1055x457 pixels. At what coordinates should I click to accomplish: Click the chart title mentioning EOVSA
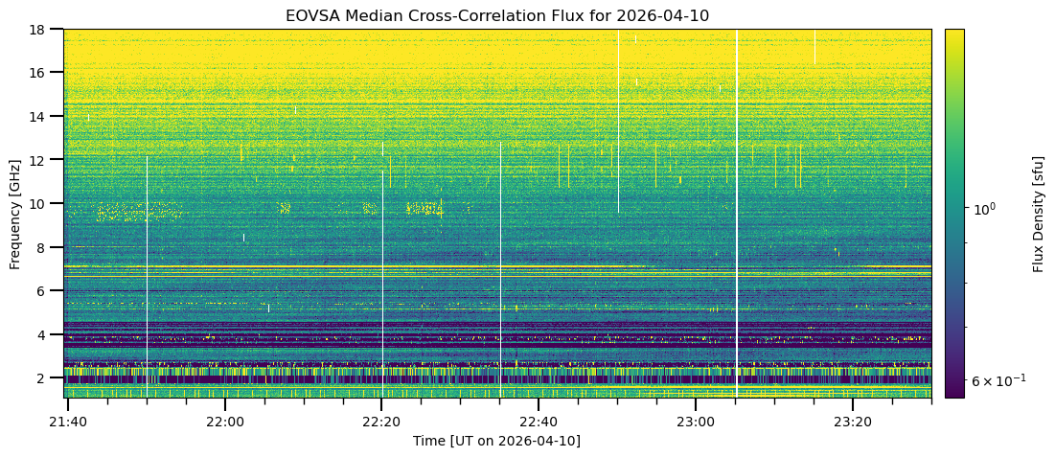coord(496,15)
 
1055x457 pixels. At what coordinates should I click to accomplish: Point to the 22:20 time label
coord(382,421)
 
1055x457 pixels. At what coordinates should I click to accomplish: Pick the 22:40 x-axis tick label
coord(539,421)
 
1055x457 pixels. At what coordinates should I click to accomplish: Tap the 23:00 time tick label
coord(696,421)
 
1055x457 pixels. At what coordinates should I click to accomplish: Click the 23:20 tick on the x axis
coord(853,421)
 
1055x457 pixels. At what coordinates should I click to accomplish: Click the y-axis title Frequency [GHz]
coord(15,213)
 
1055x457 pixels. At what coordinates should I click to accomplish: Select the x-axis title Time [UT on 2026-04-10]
coord(496,441)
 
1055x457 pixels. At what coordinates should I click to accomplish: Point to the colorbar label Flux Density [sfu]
coord(1039,213)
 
